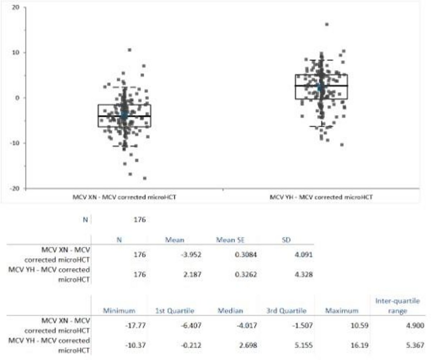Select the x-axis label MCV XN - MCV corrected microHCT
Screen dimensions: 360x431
tap(125, 197)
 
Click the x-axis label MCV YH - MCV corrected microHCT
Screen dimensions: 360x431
tap(321, 197)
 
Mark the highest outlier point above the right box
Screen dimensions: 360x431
tap(327, 24)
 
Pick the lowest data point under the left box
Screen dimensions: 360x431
tap(145, 178)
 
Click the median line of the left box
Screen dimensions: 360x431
tap(124, 116)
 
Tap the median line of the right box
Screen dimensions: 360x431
tap(321, 86)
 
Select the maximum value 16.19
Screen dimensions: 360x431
tap(360, 345)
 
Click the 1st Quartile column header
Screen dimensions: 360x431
tap(175, 310)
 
